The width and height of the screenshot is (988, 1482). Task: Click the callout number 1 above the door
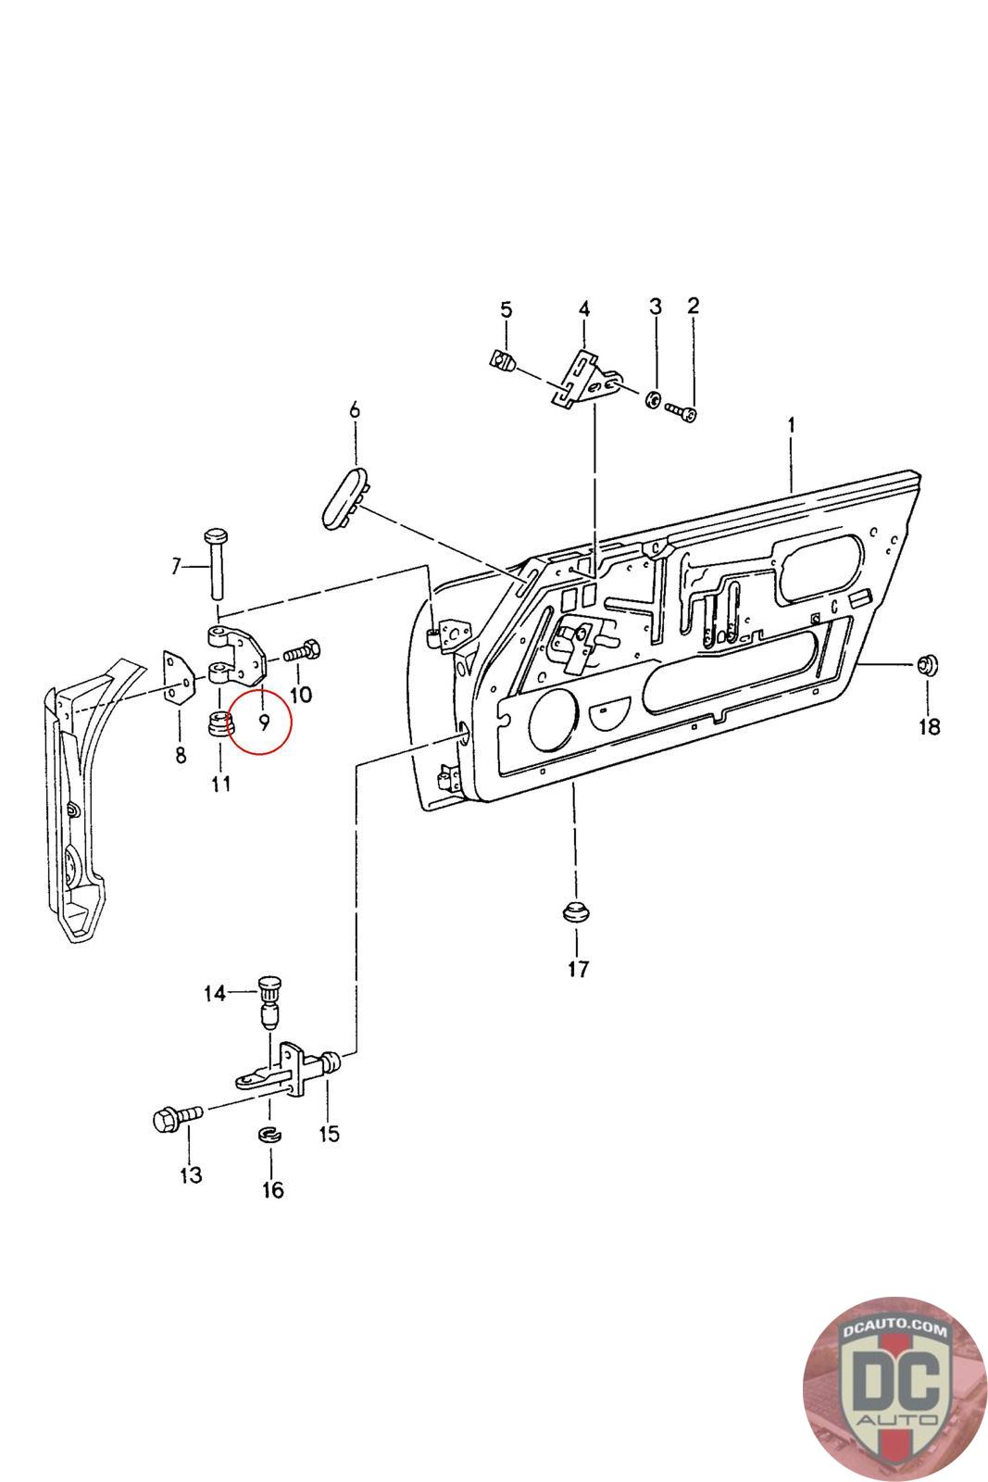click(x=791, y=425)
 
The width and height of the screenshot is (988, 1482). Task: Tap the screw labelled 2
click(x=682, y=411)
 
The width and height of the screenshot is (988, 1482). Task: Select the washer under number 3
click(x=652, y=399)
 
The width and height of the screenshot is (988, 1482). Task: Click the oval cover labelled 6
click(x=345, y=496)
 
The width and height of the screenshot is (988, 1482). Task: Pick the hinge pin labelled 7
click(x=217, y=561)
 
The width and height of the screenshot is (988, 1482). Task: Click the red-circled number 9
click(x=263, y=722)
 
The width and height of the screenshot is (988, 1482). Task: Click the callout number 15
click(x=329, y=1134)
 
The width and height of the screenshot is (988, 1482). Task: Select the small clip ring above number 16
click(x=269, y=1134)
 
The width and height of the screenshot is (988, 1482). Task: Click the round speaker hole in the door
click(x=553, y=720)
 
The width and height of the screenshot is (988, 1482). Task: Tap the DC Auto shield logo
click(x=894, y=1389)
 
